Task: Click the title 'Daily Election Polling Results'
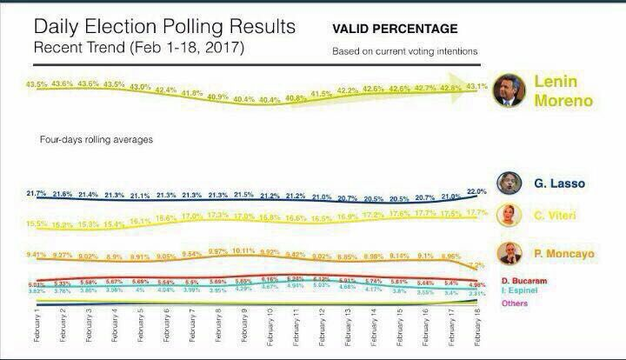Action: [164, 27]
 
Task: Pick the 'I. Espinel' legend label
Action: [524, 291]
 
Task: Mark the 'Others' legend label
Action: [516, 303]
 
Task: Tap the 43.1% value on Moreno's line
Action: [477, 86]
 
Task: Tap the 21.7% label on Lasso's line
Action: [37, 192]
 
